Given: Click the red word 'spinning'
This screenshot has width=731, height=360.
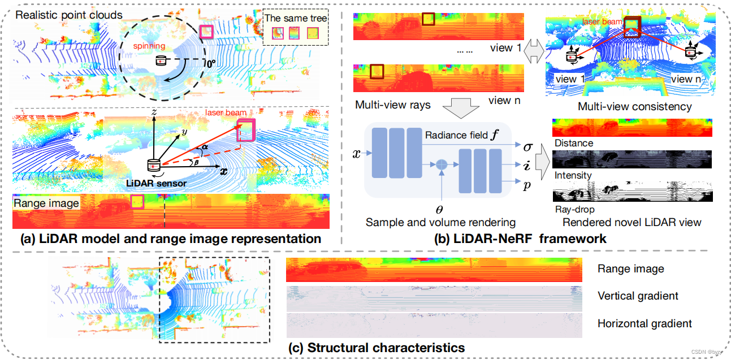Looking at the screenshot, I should pos(150,45).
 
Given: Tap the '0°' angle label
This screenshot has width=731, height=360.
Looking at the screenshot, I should pos(210,64).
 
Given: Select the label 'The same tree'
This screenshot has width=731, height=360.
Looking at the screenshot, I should pos(296,18).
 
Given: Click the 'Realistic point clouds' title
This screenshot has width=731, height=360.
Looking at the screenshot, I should pos(69,15).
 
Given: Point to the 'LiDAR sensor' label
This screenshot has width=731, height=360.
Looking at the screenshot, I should pos(157,184).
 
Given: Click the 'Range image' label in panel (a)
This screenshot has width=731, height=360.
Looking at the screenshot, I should pos(47,203).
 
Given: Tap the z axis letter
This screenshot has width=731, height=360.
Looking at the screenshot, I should pos(153,113).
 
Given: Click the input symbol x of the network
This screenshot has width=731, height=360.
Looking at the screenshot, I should pos(356,153).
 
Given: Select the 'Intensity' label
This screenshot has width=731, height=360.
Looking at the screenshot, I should pos(572,175).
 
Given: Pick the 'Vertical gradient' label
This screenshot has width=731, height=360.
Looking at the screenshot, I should pos(638,296).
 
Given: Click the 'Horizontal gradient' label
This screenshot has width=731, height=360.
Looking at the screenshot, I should pos(645,323).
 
